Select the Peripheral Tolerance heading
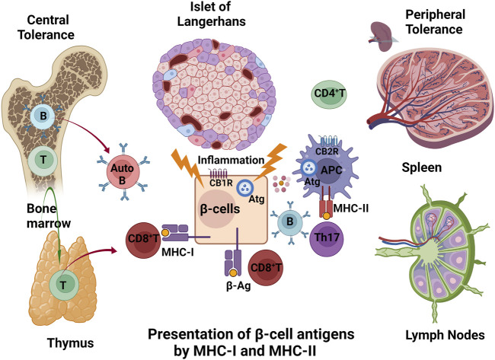coord(435,23)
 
